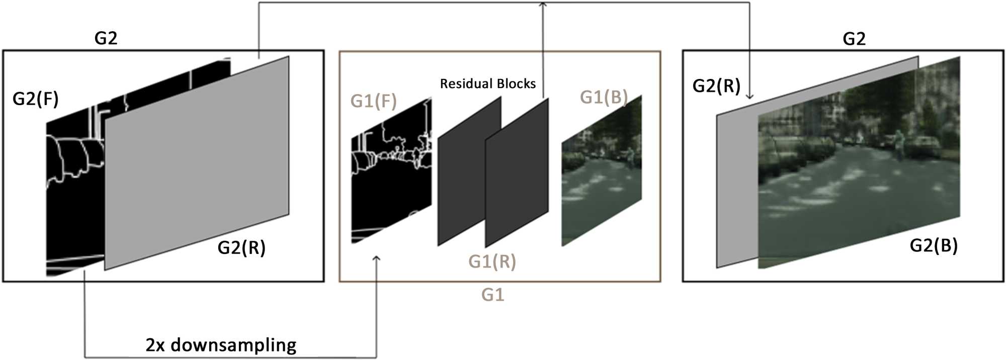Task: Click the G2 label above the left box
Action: pyautogui.click(x=106, y=38)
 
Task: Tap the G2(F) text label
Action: pyautogui.click(x=35, y=99)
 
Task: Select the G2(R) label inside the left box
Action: pyautogui.click(x=241, y=247)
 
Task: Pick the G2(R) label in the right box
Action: pyautogui.click(x=716, y=86)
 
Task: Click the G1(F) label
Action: pyautogui.click(x=373, y=101)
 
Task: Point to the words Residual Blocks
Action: pyautogui.click(x=487, y=83)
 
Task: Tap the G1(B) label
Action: pyautogui.click(x=604, y=97)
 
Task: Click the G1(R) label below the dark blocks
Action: pyautogui.click(x=492, y=261)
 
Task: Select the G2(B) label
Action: pyautogui.click(x=934, y=245)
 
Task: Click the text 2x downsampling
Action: pyautogui.click(x=221, y=345)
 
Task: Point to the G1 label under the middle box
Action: pyautogui.click(x=492, y=295)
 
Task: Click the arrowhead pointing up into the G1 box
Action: pyautogui.click(x=376, y=258)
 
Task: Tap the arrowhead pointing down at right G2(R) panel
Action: pyautogui.click(x=749, y=96)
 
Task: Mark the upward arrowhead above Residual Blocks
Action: pyautogui.click(x=543, y=4)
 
